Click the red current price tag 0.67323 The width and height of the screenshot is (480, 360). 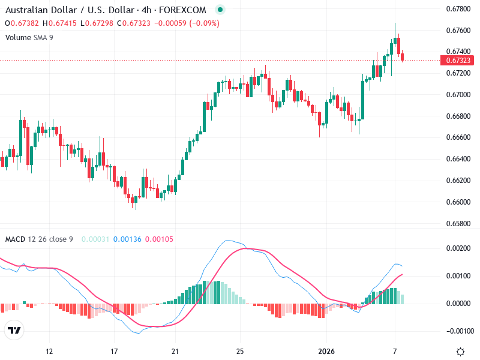pos(457,61)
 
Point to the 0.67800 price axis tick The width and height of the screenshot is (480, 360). pos(458,8)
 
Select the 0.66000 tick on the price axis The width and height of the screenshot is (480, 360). pos(458,202)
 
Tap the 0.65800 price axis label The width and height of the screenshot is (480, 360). pos(458,224)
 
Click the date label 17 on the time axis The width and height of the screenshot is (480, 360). pos(113,352)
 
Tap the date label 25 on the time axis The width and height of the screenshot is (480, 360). pos(240,352)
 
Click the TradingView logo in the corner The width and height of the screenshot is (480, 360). pos(14,331)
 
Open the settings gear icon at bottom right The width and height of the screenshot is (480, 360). pos(461,352)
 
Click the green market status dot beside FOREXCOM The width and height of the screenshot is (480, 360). pos(220,10)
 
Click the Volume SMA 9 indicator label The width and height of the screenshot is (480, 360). pos(30,37)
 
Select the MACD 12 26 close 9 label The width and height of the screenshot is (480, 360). pos(39,239)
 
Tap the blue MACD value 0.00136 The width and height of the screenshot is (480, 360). pos(127,239)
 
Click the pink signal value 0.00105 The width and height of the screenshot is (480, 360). pos(160,239)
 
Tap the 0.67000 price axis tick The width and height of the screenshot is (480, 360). pos(458,95)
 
